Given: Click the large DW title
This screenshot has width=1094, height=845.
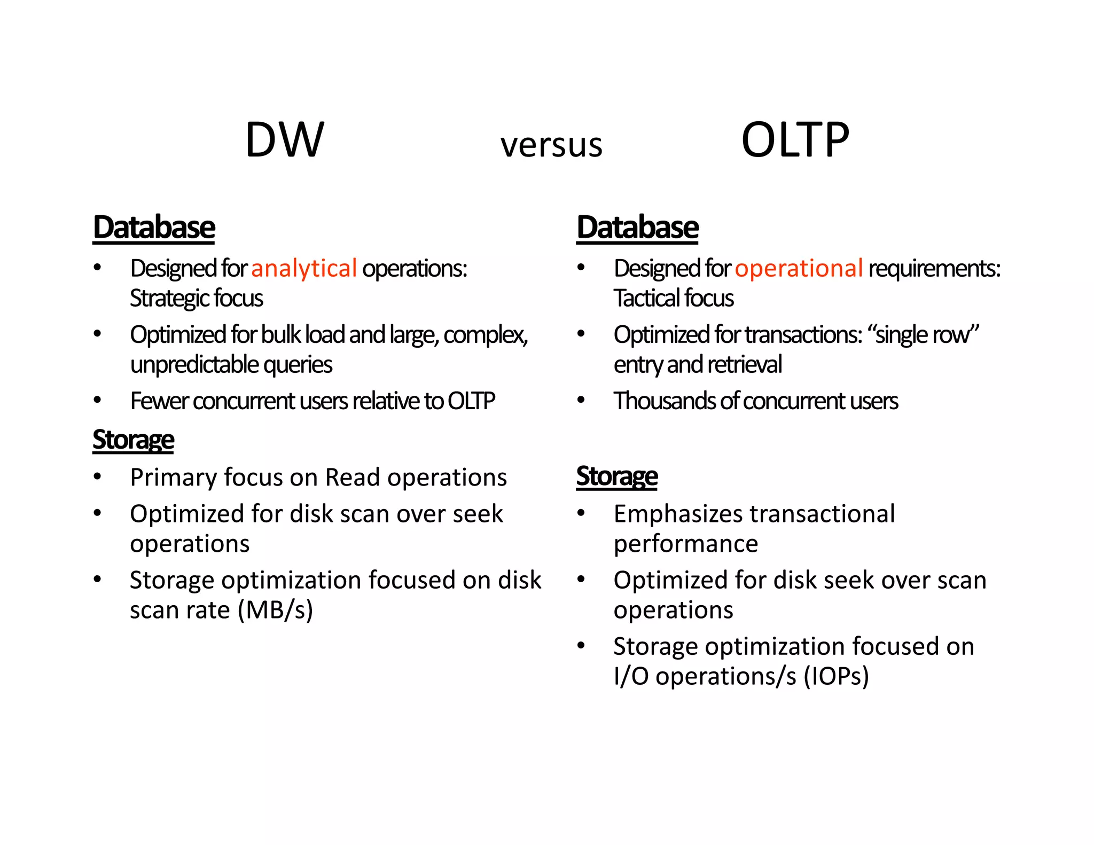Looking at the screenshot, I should (x=284, y=140).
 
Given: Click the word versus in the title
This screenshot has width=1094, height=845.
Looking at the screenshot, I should (x=551, y=145).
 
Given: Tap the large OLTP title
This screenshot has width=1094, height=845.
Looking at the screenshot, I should (x=795, y=140).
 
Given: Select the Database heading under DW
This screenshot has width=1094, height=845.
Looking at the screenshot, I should (x=154, y=228).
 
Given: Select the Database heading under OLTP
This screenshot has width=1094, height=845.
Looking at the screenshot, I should (x=637, y=228).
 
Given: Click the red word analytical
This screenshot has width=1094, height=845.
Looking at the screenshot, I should (x=303, y=268).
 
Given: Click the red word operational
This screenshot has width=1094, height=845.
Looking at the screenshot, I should (x=799, y=268).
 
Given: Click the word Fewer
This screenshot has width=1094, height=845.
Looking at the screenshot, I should (x=159, y=401).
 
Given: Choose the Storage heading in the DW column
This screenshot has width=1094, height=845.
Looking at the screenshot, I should (x=133, y=441).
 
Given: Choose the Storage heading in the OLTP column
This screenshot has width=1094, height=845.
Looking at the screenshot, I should (x=617, y=476).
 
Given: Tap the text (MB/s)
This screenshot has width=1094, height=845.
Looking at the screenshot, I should (x=275, y=610).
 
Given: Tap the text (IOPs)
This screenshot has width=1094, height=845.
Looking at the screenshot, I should (x=836, y=676).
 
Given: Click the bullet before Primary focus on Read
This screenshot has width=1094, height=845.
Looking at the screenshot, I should (x=97, y=476).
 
